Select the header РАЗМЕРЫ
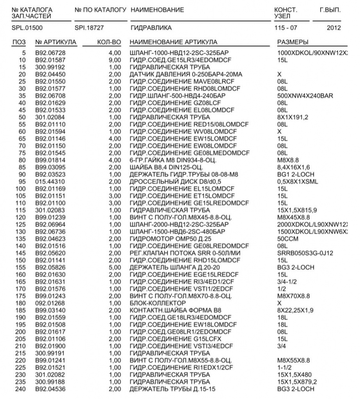[x=292, y=42]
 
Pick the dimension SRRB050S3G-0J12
[x=303, y=253]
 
